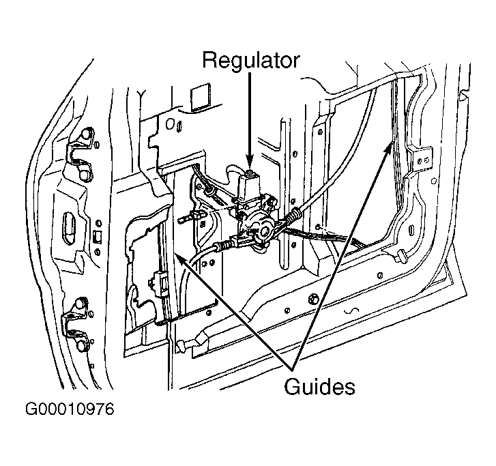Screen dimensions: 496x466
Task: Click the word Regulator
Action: pos(250,60)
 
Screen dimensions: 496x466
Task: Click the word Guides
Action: pos(319,387)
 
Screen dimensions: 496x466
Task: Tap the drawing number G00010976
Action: pos(70,409)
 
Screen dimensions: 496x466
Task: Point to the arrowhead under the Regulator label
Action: pos(250,162)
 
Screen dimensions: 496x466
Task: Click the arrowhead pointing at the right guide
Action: pos(388,148)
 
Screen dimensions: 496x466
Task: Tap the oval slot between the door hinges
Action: pos(69,228)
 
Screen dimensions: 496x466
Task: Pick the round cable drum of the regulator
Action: pos(263,227)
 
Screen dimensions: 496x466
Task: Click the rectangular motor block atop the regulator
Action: pos(249,187)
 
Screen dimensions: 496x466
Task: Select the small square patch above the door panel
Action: pos(201,98)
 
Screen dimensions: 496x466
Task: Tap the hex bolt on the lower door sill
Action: pos(313,298)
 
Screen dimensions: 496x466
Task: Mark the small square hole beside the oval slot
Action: pos(98,236)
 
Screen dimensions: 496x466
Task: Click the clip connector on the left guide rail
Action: pos(160,282)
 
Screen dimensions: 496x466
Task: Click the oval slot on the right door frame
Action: pos(411,230)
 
